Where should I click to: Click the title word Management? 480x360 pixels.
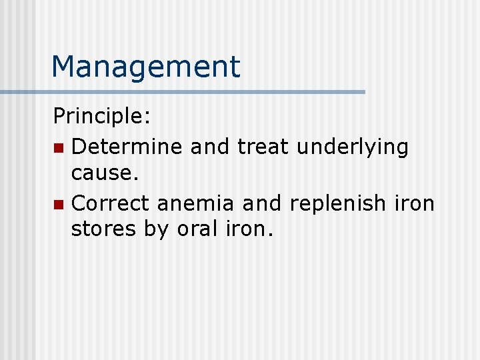[x=145, y=67]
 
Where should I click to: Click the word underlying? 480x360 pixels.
[x=352, y=147]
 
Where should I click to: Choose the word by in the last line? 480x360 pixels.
[x=157, y=230]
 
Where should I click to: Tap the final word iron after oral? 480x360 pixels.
[x=251, y=229]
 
